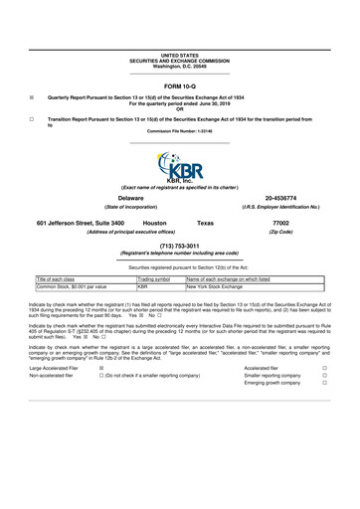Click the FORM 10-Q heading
click(179, 86)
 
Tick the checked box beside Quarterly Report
click(33, 97)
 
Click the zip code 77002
click(279, 224)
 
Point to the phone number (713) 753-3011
click(179, 245)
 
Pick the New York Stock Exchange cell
click(217, 289)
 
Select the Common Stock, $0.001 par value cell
click(79, 289)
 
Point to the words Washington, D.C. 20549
click(179, 65)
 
